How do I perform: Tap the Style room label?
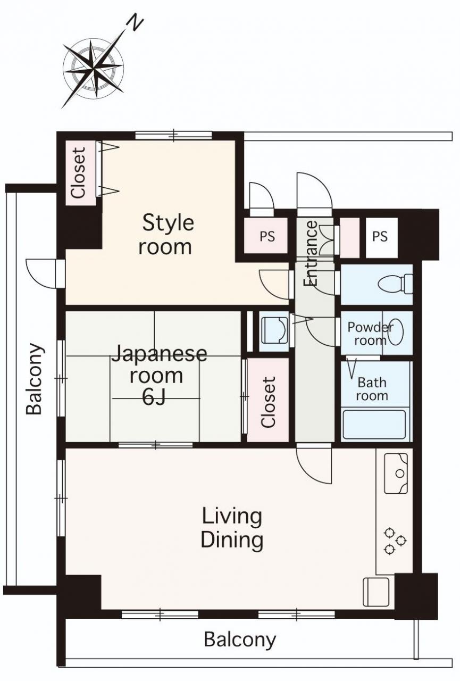pos(167,235)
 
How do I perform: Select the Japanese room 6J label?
pos(158,375)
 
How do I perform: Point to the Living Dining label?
pos(232,529)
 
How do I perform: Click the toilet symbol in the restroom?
pos(395,284)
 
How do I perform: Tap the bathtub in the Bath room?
pos(374,425)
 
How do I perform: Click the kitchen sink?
pos(396,474)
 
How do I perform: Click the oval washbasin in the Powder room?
pos(395,331)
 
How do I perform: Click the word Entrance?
pos(311,253)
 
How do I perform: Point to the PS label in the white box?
pos(380,236)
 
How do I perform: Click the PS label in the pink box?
pos(267,236)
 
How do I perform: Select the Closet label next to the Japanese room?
pos(268,402)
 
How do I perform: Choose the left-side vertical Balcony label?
pos(34,379)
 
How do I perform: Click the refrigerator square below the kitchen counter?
pos(376,592)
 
